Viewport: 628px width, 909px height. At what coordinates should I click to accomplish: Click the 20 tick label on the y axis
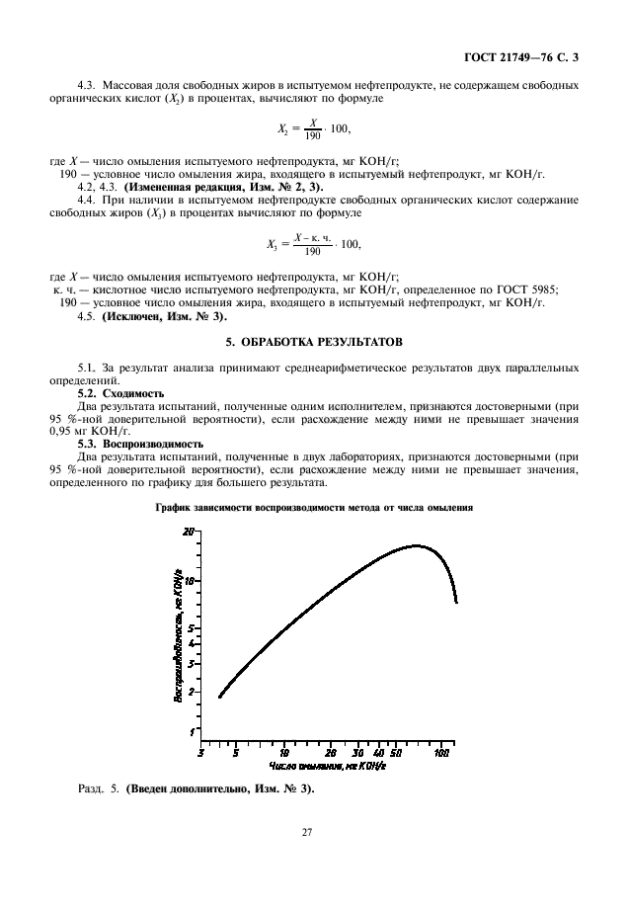point(189,531)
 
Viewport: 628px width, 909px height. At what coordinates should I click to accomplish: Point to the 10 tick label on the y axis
point(189,580)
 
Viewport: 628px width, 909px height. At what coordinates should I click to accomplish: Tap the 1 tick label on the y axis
point(192,731)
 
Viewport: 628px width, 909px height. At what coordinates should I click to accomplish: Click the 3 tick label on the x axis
point(201,753)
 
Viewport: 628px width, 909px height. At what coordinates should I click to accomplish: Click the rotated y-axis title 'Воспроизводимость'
point(179,637)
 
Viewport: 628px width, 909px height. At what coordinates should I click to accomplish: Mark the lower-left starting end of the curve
point(219,697)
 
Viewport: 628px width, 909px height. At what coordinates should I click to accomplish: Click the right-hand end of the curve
point(455,601)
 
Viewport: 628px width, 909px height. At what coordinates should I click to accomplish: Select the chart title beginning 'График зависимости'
point(314,507)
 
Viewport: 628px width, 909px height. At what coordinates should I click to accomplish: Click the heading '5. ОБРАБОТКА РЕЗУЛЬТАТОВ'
point(314,342)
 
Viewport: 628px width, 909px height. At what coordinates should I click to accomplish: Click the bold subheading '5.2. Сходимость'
point(120,392)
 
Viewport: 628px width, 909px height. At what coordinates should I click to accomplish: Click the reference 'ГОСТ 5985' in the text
point(529,289)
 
